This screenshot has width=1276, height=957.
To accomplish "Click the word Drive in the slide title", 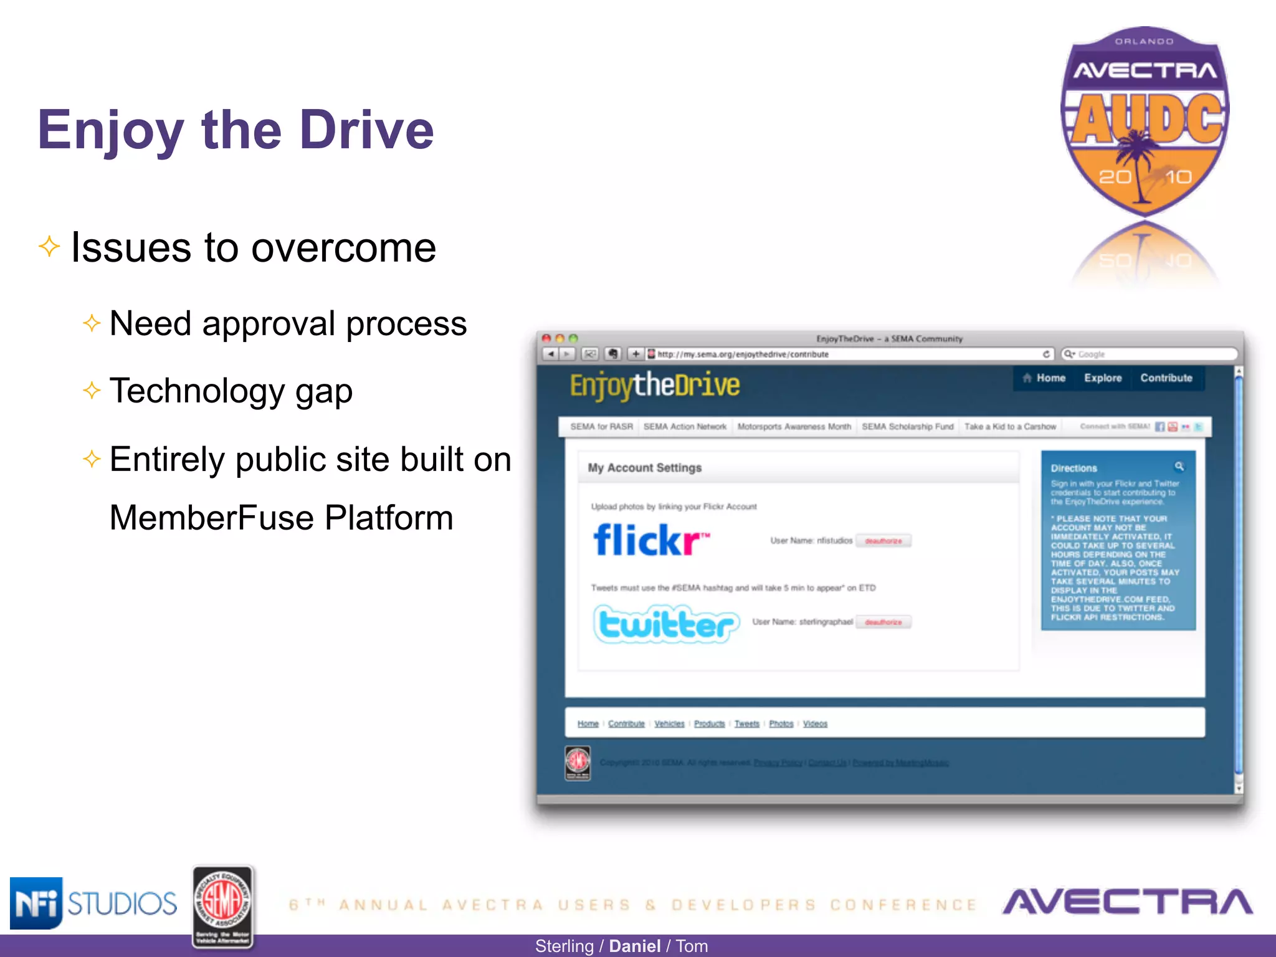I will click(366, 130).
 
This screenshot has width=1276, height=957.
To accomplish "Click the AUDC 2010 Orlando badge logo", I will click(1145, 121).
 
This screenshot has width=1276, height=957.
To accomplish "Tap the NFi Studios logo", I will click(93, 903).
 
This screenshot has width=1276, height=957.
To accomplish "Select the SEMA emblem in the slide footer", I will click(222, 907).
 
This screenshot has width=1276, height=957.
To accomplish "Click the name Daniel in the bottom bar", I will click(634, 946).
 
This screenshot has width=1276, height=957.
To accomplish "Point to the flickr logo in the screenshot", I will click(650, 540).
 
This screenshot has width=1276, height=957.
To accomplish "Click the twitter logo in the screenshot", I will click(666, 624).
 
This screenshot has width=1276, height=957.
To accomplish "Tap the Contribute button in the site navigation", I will click(1166, 378).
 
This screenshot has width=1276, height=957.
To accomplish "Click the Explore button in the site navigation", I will click(1102, 378).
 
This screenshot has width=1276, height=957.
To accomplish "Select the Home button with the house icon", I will click(1044, 378).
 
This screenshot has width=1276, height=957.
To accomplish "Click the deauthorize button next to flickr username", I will click(883, 541).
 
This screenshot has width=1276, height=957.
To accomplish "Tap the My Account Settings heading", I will click(644, 468).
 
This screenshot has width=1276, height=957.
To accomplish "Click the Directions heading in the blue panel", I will click(1074, 469).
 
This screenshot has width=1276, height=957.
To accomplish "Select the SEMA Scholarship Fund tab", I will click(907, 427).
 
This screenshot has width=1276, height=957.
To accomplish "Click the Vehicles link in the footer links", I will click(669, 724).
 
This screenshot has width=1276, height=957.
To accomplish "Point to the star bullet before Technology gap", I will click(92, 391).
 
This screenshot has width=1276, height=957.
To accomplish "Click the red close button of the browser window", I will click(546, 338).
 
